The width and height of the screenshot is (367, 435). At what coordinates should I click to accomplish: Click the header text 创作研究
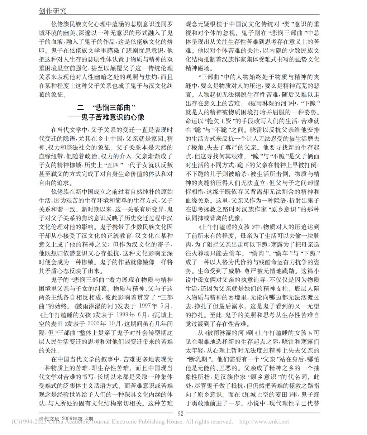tap(52, 11)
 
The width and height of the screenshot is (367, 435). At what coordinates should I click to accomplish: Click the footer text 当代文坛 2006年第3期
tap(66, 418)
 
